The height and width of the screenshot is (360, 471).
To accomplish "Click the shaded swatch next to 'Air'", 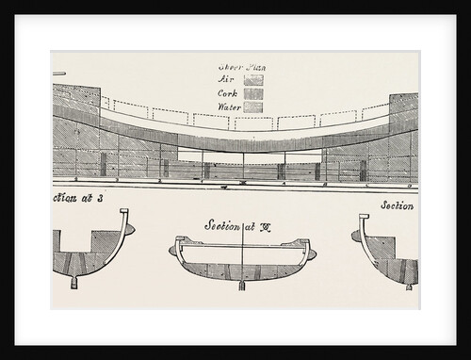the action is pos(252,80).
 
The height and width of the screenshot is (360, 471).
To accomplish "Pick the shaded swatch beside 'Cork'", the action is pos(252,93).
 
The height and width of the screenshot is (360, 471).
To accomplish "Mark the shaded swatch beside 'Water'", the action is pos(252,106).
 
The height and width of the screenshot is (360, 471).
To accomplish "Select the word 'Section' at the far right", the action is pos(399,205).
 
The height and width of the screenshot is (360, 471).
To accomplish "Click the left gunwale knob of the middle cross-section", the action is pos(173,250).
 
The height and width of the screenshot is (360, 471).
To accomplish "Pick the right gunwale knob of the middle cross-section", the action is pos(312,250).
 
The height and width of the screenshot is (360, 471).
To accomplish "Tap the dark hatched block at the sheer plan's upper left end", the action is pos(73,94).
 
